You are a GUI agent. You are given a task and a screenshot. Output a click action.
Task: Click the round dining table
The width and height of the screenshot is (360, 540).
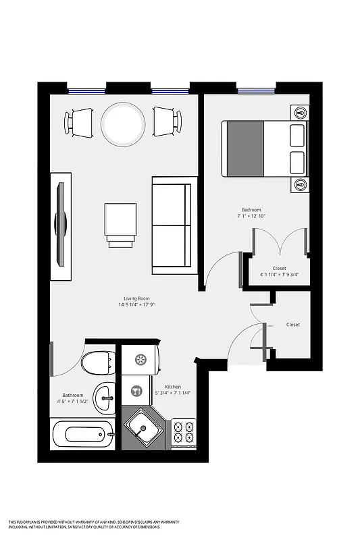tap(123, 124)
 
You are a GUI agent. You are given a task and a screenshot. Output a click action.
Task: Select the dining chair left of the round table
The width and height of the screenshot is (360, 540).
tap(79, 123)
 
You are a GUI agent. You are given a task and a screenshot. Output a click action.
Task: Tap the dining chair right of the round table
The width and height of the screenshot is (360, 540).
tap(167, 123)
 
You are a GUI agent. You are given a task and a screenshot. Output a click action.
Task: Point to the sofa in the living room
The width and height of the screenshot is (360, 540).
tap(174, 225)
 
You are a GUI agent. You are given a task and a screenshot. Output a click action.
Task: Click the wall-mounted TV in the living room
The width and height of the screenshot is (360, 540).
tap(61, 226)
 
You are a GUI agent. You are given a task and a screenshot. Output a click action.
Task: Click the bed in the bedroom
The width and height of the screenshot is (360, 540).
tap(264, 148)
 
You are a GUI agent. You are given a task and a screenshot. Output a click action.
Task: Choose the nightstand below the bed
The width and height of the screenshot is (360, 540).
tap(300, 184)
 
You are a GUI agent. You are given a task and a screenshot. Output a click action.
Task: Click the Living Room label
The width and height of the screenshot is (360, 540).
tap(136, 298)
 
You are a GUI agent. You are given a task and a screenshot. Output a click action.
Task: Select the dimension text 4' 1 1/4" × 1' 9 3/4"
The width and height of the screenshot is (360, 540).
tap(279, 275)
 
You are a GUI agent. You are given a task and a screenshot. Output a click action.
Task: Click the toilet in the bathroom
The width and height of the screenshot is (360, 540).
tap(97, 364)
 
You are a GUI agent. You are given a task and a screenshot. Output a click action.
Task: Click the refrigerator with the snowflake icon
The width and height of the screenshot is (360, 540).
tap(140, 360)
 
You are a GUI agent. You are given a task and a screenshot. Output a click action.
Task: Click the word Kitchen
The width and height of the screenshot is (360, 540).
tap(172, 387)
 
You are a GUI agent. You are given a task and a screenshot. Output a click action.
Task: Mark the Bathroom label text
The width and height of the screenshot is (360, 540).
tap(72, 395)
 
